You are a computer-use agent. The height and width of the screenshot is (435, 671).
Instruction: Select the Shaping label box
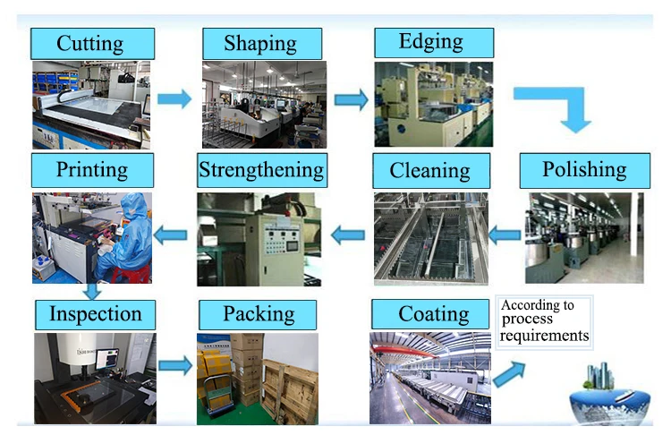pyautogui.click(x=261, y=43)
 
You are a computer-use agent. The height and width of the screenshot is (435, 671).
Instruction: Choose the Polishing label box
pyautogui.click(x=584, y=170)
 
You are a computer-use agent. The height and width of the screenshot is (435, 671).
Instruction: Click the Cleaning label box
pyautogui.click(x=430, y=170)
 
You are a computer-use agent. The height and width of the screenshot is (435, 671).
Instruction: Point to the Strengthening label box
pyautogui.click(x=261, y=170)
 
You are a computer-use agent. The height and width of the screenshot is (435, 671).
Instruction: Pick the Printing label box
pyautogui.click(x=92, y=169)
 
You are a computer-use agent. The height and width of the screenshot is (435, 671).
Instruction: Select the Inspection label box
pyautogui.click(x=95, y=314)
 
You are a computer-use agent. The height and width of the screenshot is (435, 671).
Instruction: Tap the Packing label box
pyautogui.click(x=259, y=314)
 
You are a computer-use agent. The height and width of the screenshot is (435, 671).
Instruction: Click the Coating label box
pyautogui.click(x=433, y=314)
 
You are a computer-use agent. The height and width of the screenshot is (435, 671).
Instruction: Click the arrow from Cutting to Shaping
pyautogui.click(x=174, y=98)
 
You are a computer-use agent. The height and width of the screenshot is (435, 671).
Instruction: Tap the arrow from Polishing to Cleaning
pyautogui.click(x=505, y=235)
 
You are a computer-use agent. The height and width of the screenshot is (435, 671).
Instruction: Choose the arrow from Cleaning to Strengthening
pyautogui.click(x=348, y=235)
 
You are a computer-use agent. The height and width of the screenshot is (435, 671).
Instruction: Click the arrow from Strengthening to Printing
pyautogui.click(x=172, y=235)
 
